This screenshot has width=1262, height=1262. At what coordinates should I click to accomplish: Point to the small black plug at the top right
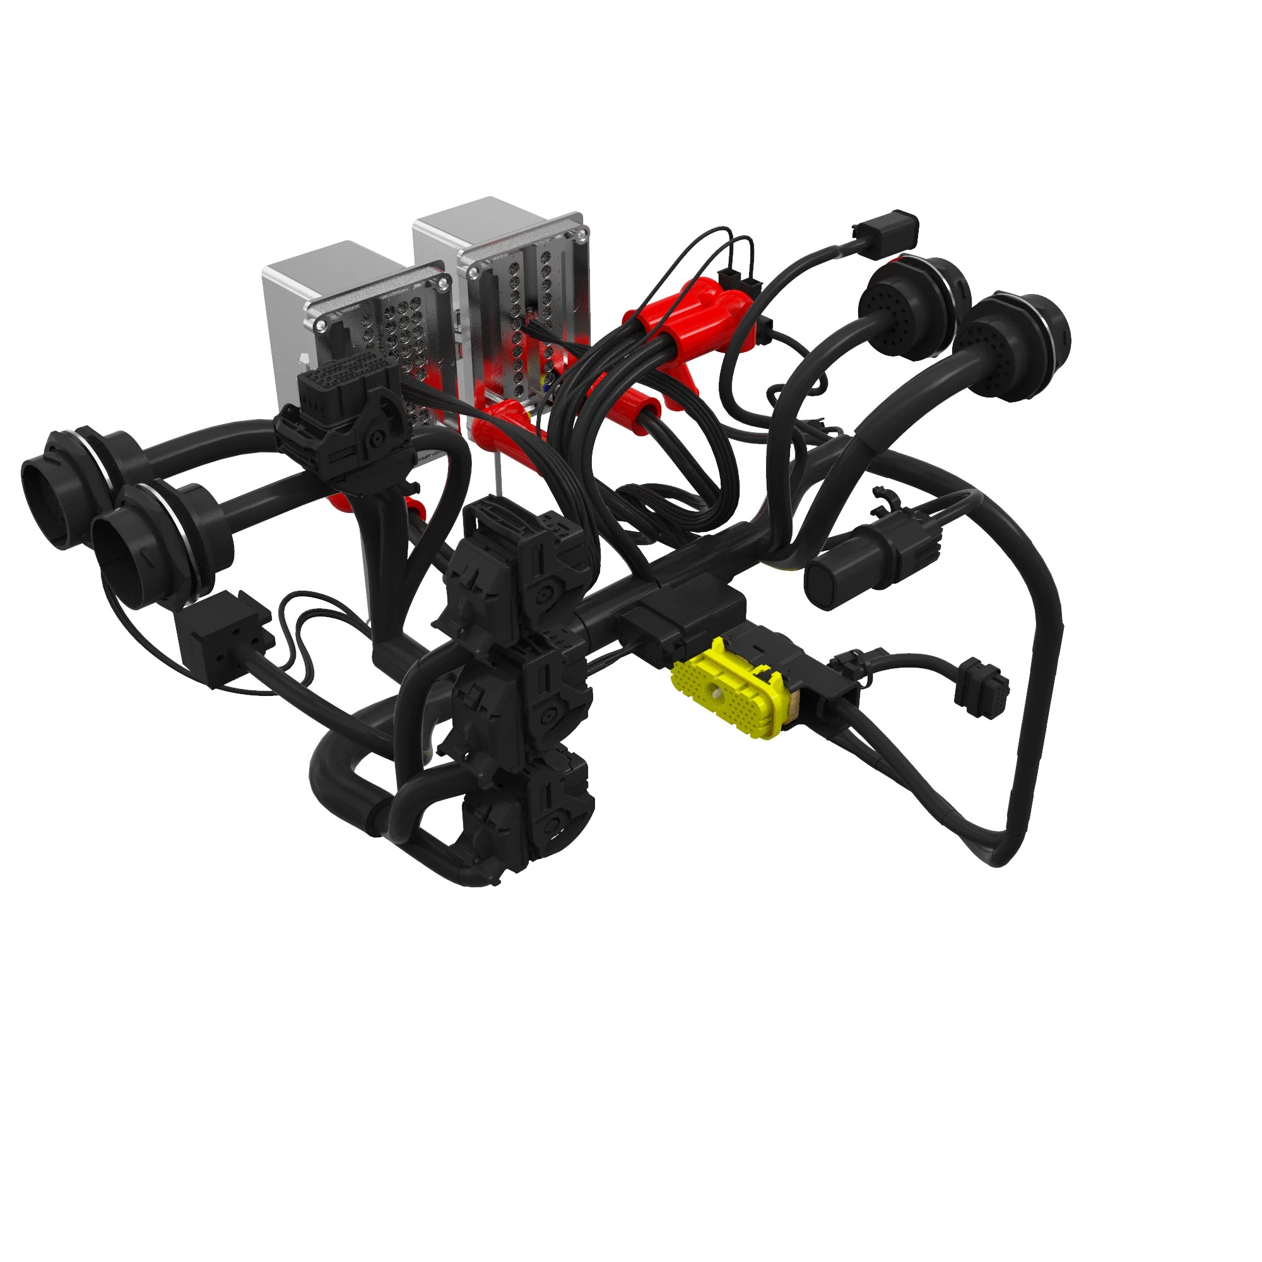(886, 228)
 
